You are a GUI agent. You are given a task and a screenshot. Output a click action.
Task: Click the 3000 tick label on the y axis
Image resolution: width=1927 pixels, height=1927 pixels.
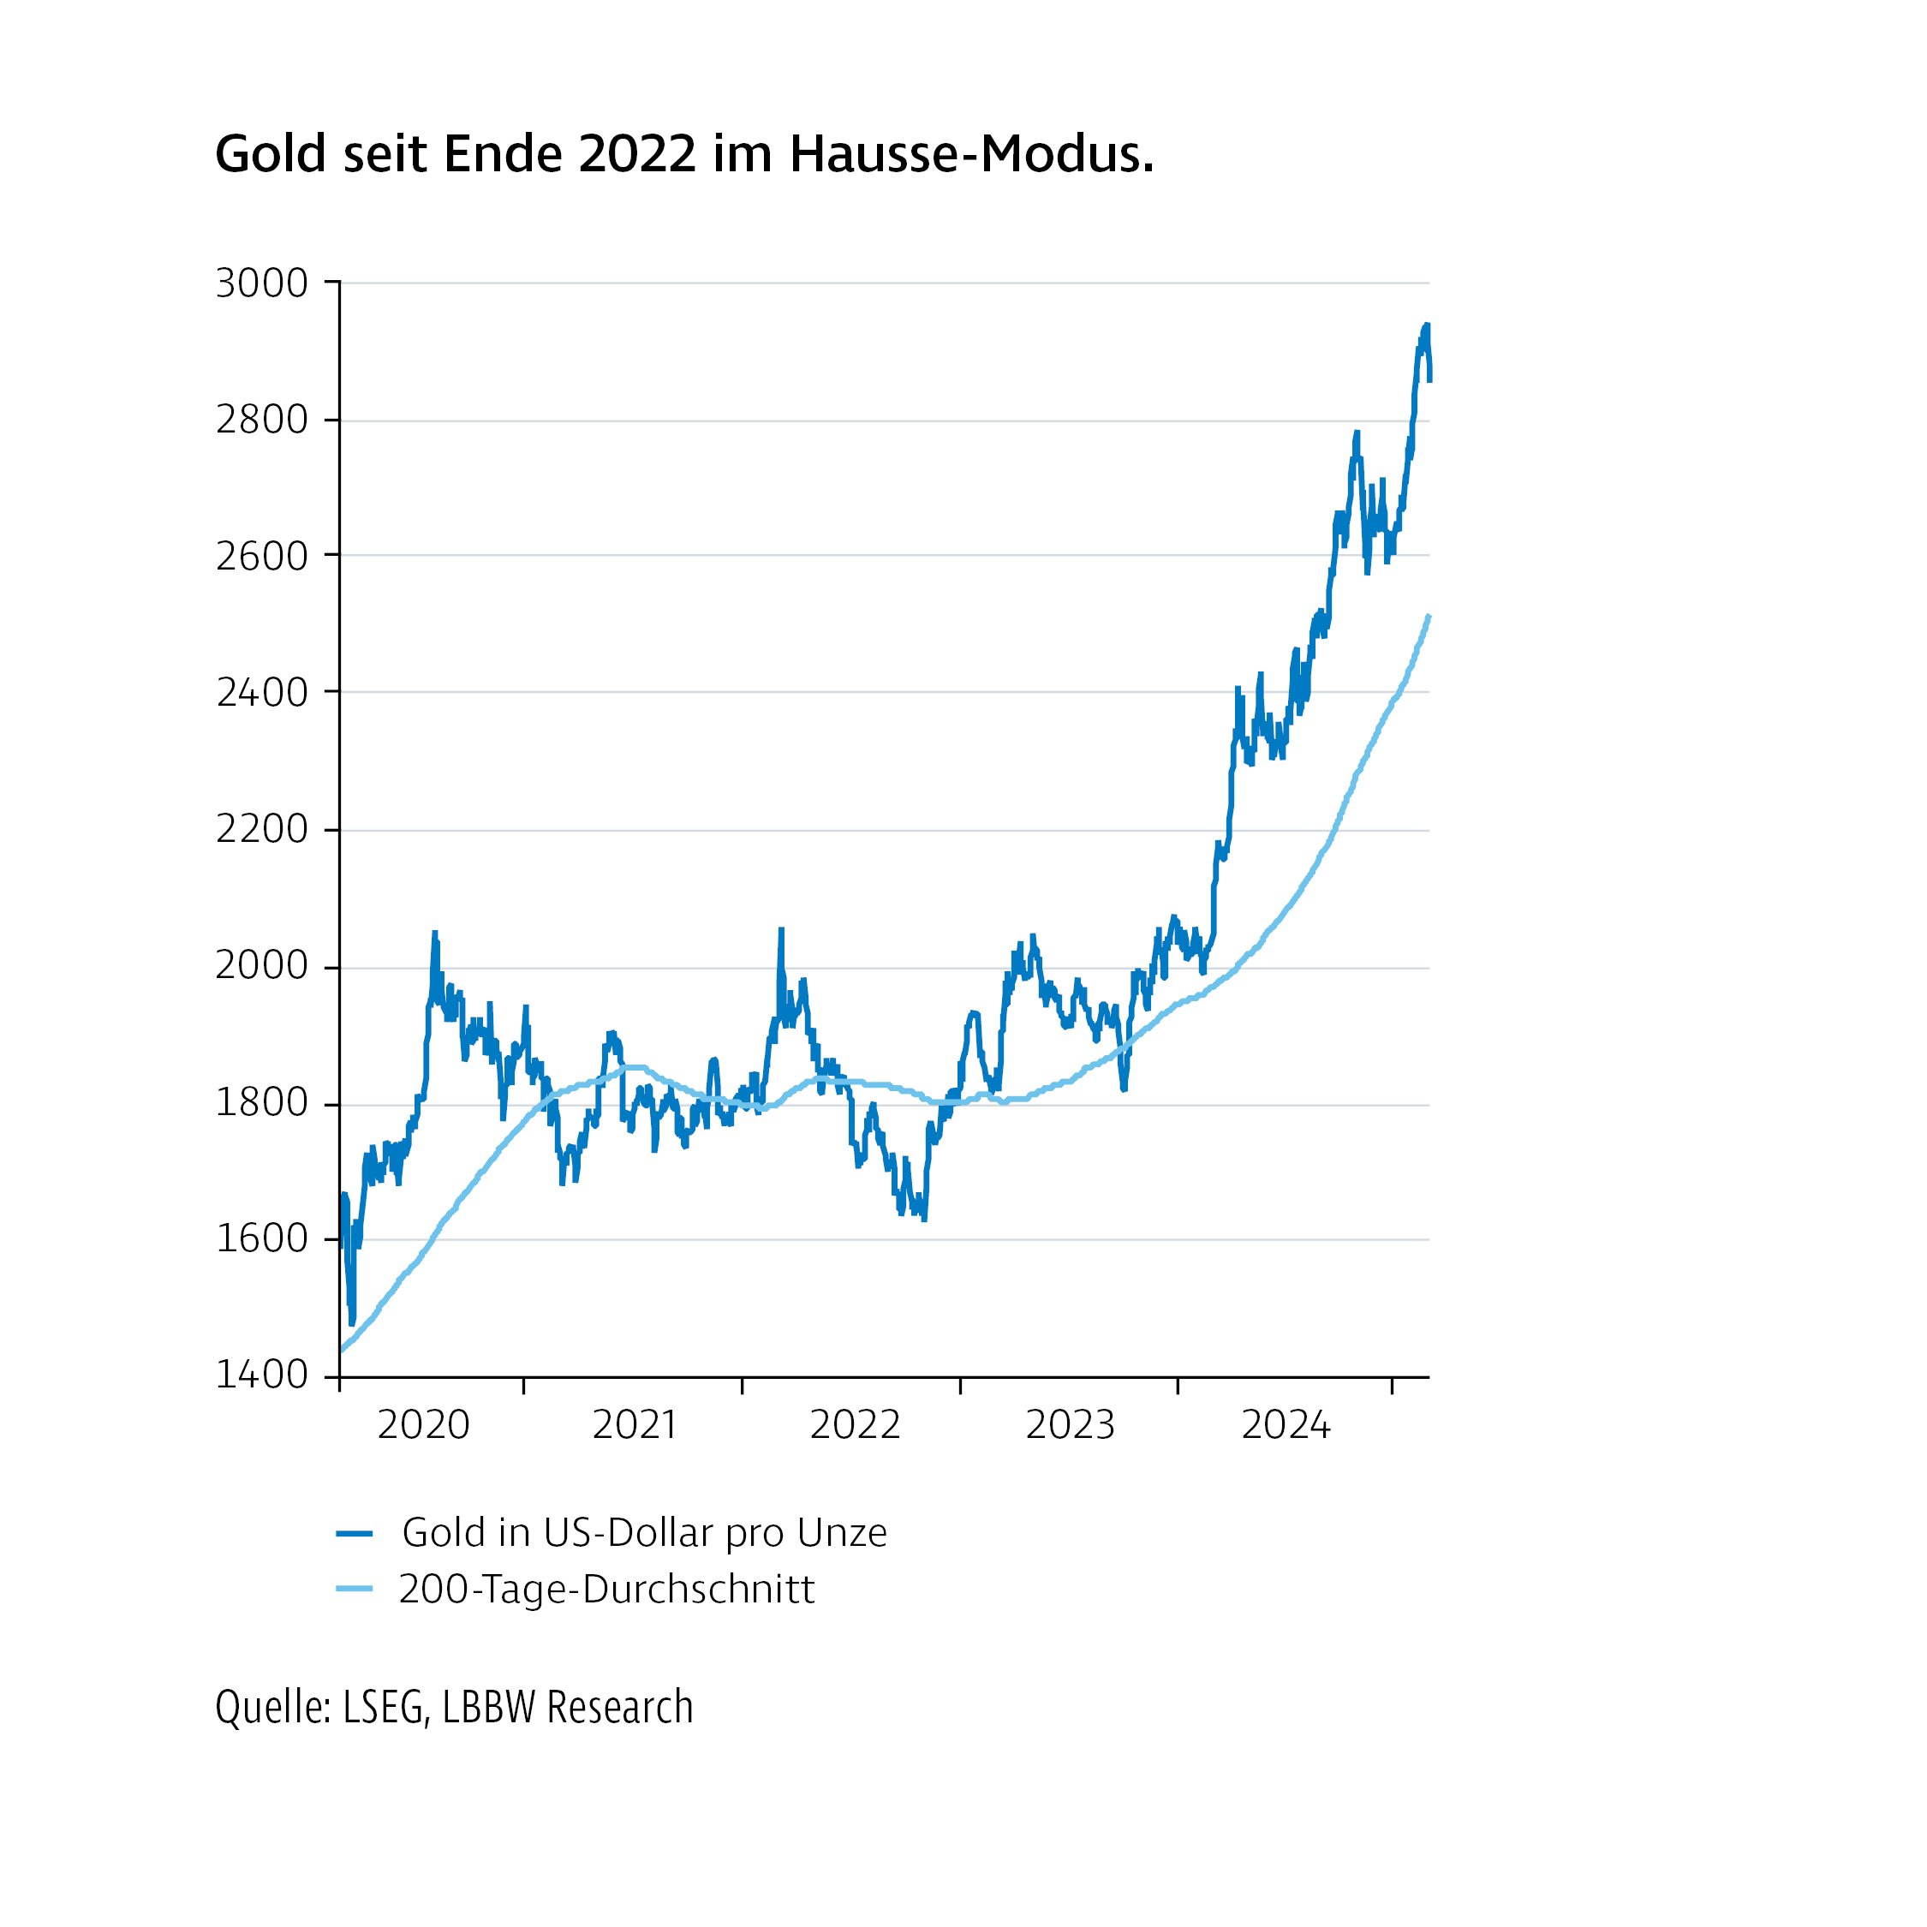point(261,284)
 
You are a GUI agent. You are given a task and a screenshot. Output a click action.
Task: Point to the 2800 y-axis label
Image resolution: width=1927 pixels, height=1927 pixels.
point(261,421)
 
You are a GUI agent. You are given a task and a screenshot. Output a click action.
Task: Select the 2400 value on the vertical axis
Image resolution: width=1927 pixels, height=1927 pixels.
point(261,693)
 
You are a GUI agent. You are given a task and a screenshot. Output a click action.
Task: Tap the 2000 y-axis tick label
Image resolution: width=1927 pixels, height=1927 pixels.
point(261,966)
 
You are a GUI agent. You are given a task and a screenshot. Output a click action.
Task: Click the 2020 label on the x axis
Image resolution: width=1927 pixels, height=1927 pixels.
point(423,1425)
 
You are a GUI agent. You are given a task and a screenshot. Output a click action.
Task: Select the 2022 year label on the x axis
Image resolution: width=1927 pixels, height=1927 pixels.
point(855,1425)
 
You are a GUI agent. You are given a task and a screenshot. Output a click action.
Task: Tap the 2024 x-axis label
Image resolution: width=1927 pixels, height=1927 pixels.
point(1286,1425)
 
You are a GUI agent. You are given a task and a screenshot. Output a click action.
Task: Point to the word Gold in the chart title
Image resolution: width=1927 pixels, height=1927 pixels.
point(271,155)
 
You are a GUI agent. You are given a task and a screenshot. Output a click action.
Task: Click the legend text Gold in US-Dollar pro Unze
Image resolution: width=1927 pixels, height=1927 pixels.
point(643,1533)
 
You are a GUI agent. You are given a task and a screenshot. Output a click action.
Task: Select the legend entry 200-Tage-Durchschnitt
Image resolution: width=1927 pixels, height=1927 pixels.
point(606,1589)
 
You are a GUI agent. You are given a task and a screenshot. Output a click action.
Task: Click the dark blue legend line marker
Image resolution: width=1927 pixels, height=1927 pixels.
point(354,1534)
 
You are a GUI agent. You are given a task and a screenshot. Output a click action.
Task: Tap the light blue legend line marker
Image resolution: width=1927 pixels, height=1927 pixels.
point(354,1589)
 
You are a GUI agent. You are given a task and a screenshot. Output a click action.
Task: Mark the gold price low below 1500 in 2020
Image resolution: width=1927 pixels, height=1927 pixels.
point(351,1322)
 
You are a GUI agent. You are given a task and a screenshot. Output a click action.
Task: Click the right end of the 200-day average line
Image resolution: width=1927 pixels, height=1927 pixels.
point(1429,617)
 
